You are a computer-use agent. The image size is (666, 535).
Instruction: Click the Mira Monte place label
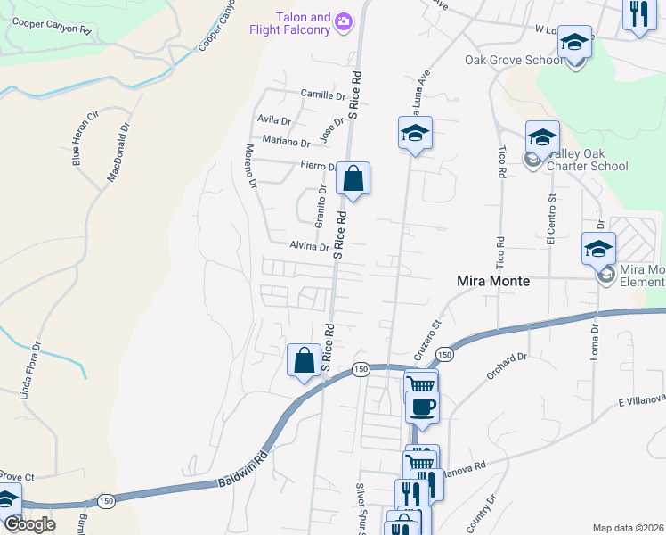(x=492, y=280)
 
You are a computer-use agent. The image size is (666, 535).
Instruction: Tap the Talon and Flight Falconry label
(x=303, y=23)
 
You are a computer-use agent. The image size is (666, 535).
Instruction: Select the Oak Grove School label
(x=513, y=61)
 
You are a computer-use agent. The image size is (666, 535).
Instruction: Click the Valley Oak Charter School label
(x=587, y=160)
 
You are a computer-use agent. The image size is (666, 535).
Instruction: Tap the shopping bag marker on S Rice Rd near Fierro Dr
(x=353, y=179)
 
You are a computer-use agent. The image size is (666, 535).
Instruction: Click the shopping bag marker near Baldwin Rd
(x=305, y=361)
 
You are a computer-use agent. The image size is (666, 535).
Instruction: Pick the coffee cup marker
(x=422, y=407)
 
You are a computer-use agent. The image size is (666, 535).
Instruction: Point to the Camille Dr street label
(x=322, y=95)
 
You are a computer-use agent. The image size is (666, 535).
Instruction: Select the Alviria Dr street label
(x=310, y=246)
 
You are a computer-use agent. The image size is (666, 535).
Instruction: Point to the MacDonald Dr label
(x=118, y=152)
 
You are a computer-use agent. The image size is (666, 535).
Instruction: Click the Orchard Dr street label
(x=508, y=365)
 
